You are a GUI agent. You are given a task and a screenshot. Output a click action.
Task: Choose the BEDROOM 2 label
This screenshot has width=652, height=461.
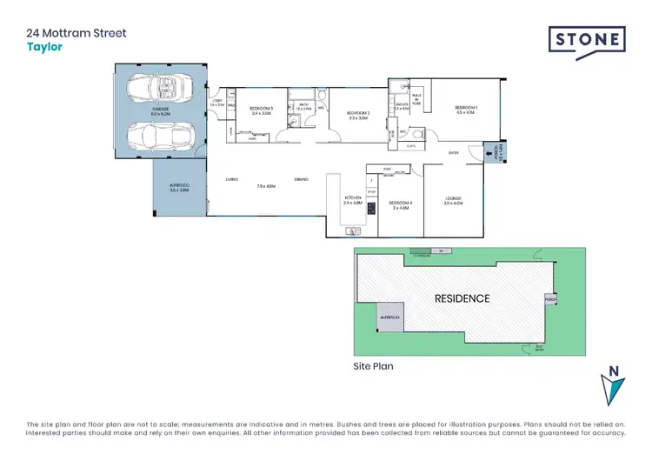click(x=358, y=113)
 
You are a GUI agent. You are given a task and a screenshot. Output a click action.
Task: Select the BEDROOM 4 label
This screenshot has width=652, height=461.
click(x=401, y=203)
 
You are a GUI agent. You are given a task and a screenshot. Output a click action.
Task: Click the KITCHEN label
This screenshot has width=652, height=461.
click(x=353, y=198)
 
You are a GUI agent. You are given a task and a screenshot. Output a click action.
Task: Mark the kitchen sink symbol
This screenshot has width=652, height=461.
click(x=353, y=230)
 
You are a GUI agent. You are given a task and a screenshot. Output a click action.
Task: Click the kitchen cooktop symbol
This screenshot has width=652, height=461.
click(x=372, y=209)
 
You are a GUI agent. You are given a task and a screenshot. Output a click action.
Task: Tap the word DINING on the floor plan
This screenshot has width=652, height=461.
click(x=301, y=179)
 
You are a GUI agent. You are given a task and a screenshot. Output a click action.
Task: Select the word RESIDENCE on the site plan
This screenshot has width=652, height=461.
click(x=462, y=298)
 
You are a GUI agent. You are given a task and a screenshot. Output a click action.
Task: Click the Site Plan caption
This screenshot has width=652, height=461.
click(x=373, y=366)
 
